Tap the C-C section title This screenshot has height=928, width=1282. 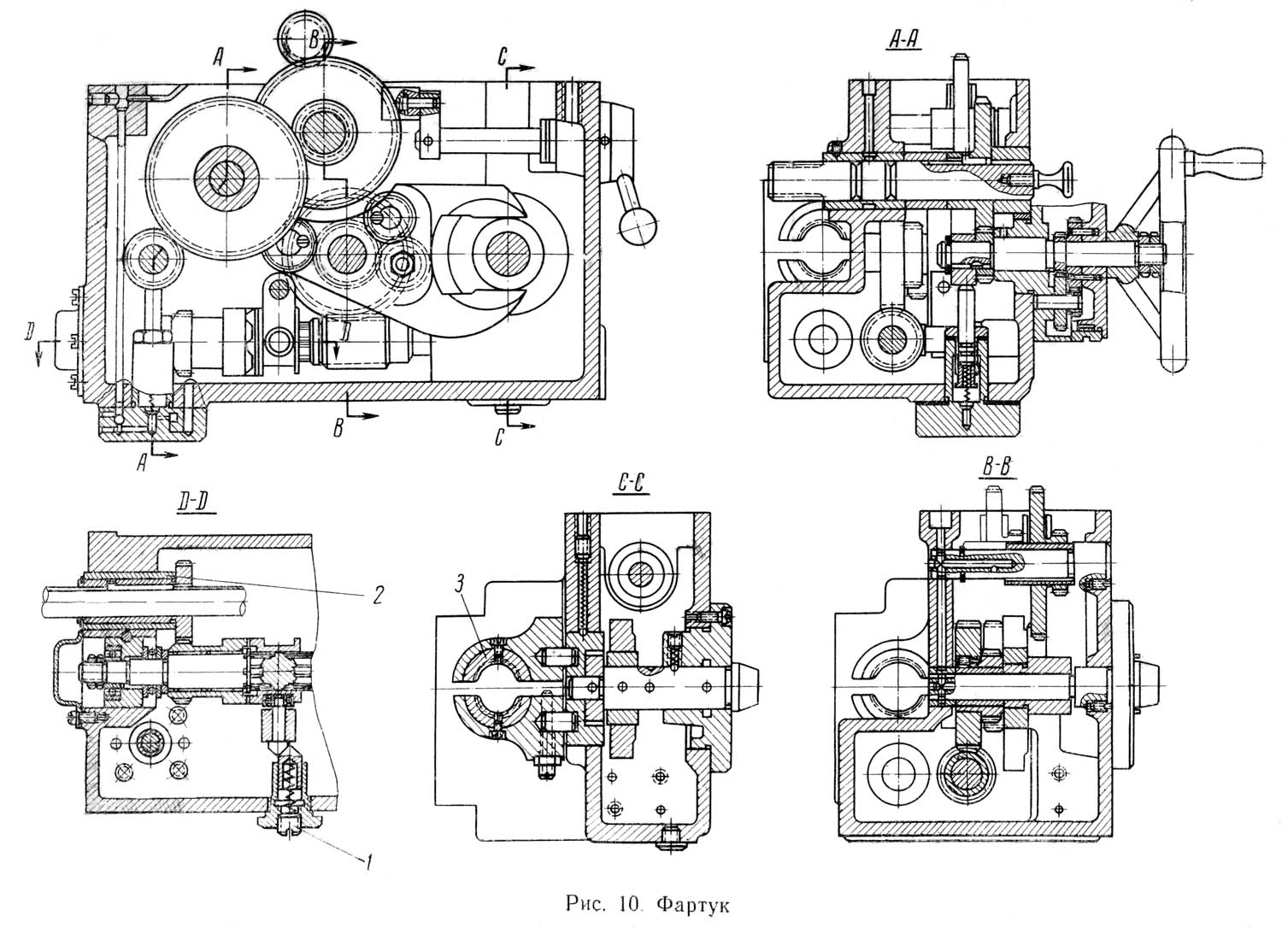coord(632,484)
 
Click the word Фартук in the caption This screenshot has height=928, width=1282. coord(692,906)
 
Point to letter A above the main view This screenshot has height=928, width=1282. coord(218,56)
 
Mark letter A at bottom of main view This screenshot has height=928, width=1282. coord(142,462)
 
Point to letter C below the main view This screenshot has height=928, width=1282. coord(499,438)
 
